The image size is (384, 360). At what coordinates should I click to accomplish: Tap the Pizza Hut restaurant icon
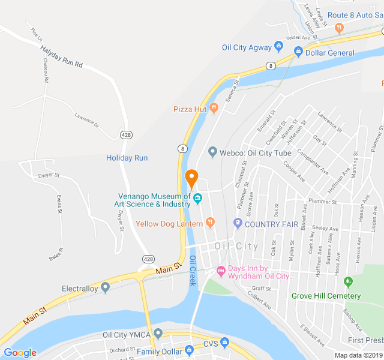(x=214, y=109)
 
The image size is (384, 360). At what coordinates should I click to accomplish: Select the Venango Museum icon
(x=198, y=199)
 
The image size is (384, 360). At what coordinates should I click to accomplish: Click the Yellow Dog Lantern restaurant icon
(x=210, y=223)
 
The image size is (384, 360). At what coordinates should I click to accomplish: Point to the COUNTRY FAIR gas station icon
(x=238, y=224)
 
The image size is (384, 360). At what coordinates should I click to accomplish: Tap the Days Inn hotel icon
(x=221, y=272)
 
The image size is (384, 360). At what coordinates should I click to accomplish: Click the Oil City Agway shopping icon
(x=278, y=46)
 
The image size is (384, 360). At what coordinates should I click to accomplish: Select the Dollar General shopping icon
(x=298, y=52)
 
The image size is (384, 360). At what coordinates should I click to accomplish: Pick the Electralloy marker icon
(x=106, y=288)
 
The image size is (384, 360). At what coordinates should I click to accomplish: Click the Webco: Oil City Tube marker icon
(x=212, y=152)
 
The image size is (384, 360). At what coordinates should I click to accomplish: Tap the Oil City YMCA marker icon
(x=158, y=334)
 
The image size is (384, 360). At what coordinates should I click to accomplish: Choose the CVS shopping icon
(x=225, y=343)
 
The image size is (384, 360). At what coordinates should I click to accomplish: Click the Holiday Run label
(x=127, y=158)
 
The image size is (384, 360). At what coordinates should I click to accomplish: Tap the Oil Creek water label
(x=193, y=271)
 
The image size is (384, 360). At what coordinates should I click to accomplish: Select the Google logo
(x=20, y=353)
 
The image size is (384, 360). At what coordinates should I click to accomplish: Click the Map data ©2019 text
(x=358, y=355)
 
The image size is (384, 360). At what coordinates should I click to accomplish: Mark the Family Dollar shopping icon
(x=189, y=350)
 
